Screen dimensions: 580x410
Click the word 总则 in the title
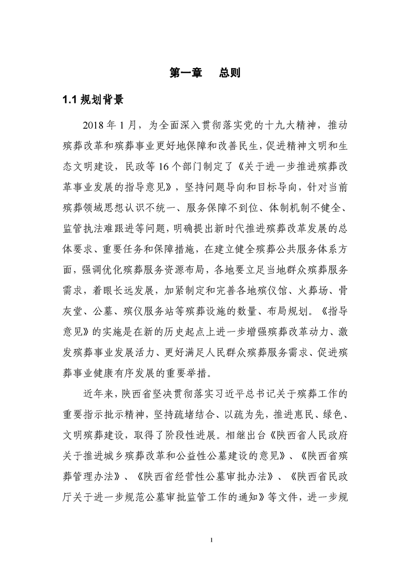[x=229, y=73]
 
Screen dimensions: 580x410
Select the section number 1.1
[x=69, y=100]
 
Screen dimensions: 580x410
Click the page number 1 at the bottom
[x=205, y=541]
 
